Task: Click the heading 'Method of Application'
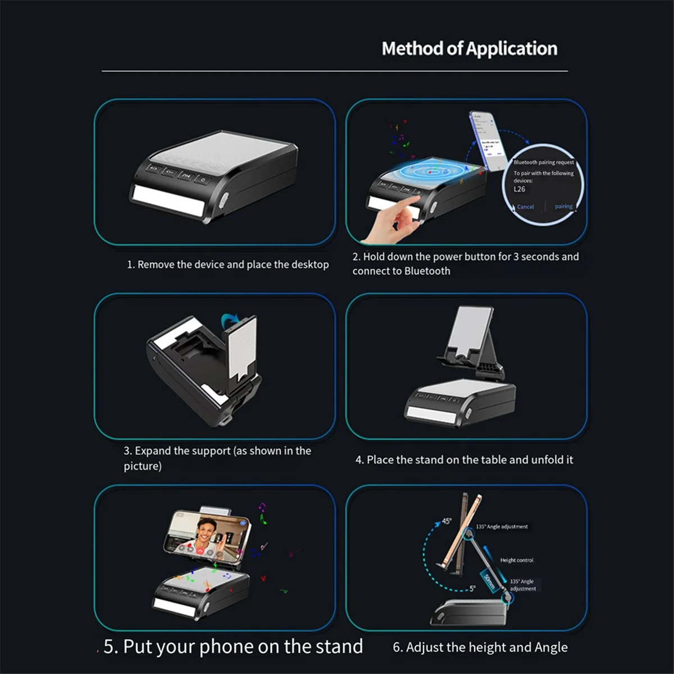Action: point(470,49)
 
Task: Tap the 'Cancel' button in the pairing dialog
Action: point(525,207)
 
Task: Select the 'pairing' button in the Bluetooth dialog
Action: point(563,206)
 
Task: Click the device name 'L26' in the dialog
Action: point(520,189)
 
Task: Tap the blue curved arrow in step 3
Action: point(230,321)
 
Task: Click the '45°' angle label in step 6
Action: point(446,521)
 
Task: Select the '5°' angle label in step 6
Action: point(472,588)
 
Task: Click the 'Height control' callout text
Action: point(517,560)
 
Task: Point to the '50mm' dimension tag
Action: point(489,582)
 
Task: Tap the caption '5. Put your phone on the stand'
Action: point(233,646)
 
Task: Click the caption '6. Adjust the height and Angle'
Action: point(480,648)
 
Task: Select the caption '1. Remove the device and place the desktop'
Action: point(227,265)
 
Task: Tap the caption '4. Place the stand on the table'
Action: point(464,460)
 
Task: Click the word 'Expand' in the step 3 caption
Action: point(153,451)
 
